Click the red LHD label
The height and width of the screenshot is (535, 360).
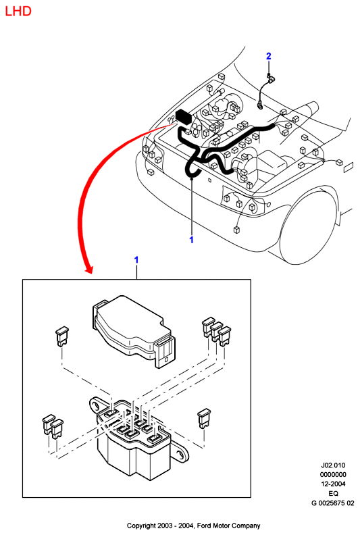18,11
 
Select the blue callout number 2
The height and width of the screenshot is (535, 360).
269,56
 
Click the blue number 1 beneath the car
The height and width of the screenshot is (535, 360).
191,240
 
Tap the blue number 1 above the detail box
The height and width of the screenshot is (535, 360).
136,260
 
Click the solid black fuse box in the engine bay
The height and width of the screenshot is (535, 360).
184,116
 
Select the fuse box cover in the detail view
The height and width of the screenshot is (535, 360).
134,331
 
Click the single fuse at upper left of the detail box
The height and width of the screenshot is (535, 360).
61,336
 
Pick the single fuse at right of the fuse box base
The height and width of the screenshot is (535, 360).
204,418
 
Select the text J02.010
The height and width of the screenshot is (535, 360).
333,465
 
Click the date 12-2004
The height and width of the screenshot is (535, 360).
333,484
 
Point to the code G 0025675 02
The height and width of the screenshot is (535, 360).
333,503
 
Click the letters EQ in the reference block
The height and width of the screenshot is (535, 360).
334,493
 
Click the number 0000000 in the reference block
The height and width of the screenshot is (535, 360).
333,475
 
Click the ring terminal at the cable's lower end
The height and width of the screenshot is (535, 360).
260,106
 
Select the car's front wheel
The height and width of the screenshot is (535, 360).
309,226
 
